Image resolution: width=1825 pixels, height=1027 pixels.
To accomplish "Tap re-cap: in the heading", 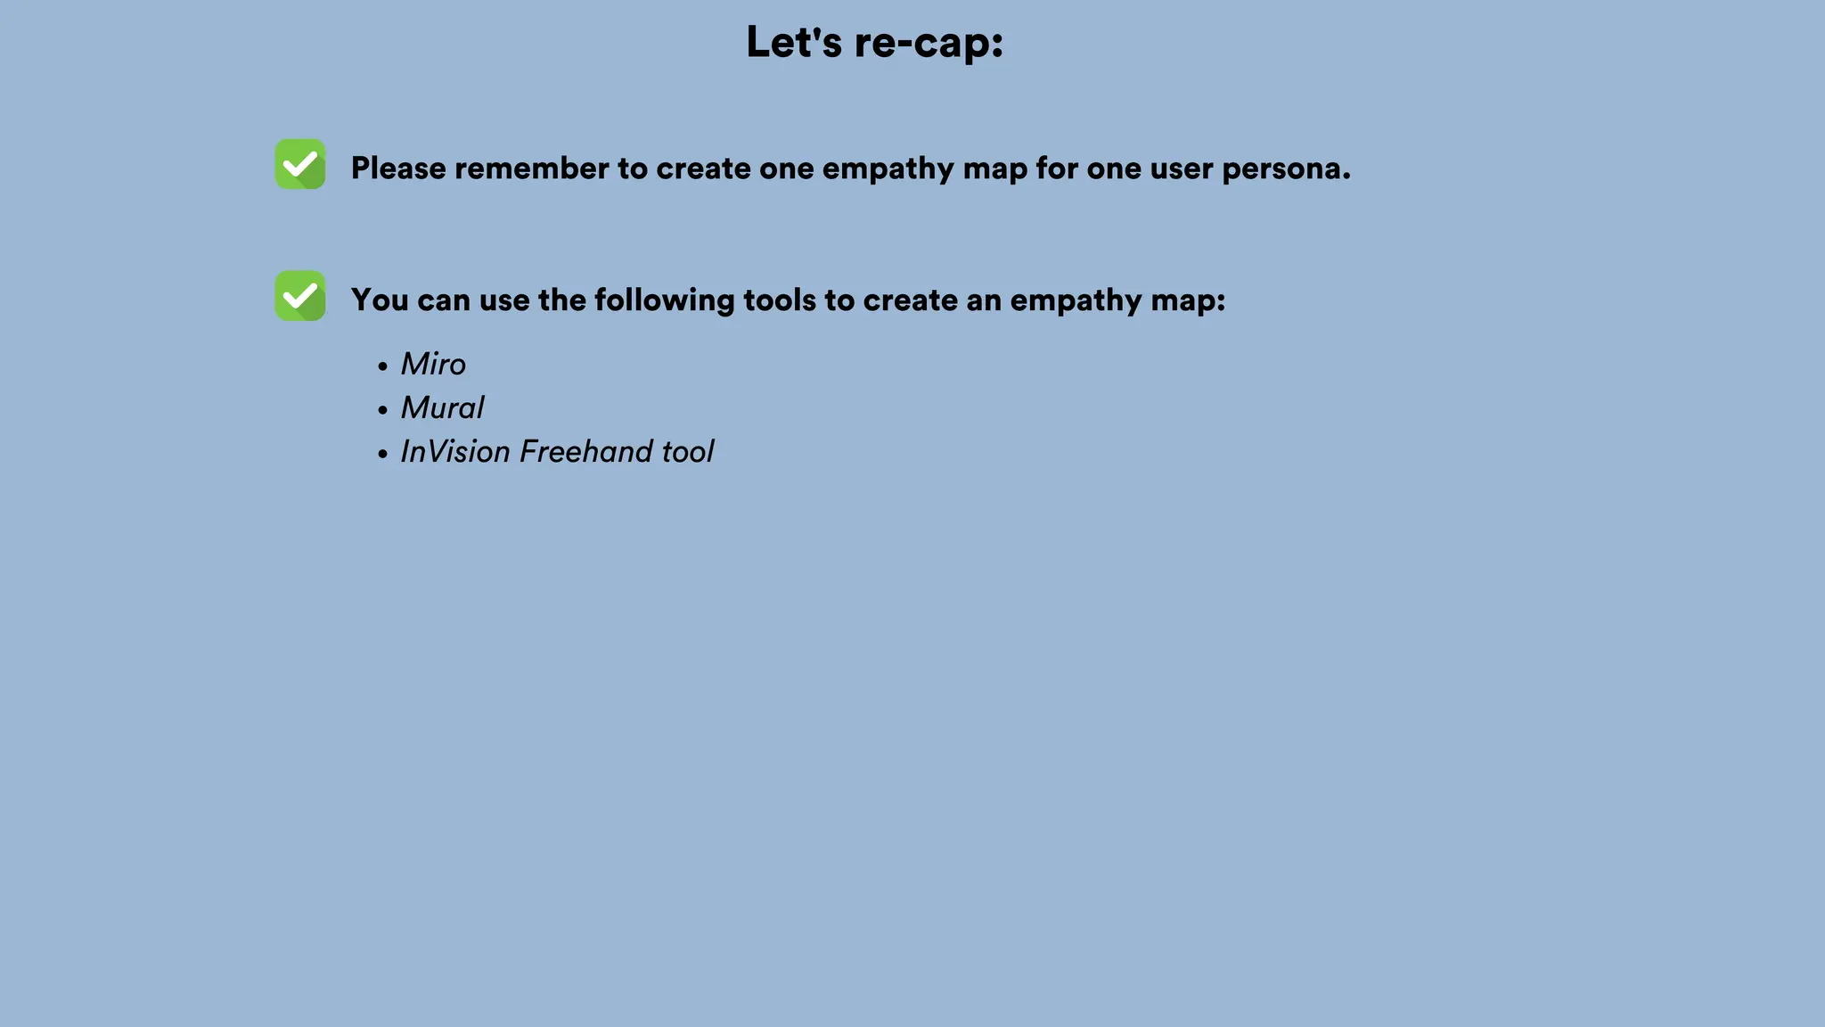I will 929,43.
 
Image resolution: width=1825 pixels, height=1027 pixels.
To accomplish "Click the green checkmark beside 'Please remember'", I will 300,164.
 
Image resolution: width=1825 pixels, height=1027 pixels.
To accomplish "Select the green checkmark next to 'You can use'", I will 300,296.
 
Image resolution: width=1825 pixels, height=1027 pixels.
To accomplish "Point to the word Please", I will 398,168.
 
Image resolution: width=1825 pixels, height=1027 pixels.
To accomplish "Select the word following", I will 664,300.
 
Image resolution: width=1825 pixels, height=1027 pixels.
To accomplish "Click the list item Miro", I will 433,364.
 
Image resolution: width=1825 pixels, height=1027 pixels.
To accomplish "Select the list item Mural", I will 442,407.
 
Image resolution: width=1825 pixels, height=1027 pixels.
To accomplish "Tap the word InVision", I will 454,451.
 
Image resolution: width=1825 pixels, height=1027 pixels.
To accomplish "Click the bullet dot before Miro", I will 382,366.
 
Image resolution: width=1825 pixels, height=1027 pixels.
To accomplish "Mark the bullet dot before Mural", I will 382,410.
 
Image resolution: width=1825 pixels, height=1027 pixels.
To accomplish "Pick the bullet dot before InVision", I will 382,454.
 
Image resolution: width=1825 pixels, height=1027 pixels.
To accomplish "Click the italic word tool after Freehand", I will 687,451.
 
